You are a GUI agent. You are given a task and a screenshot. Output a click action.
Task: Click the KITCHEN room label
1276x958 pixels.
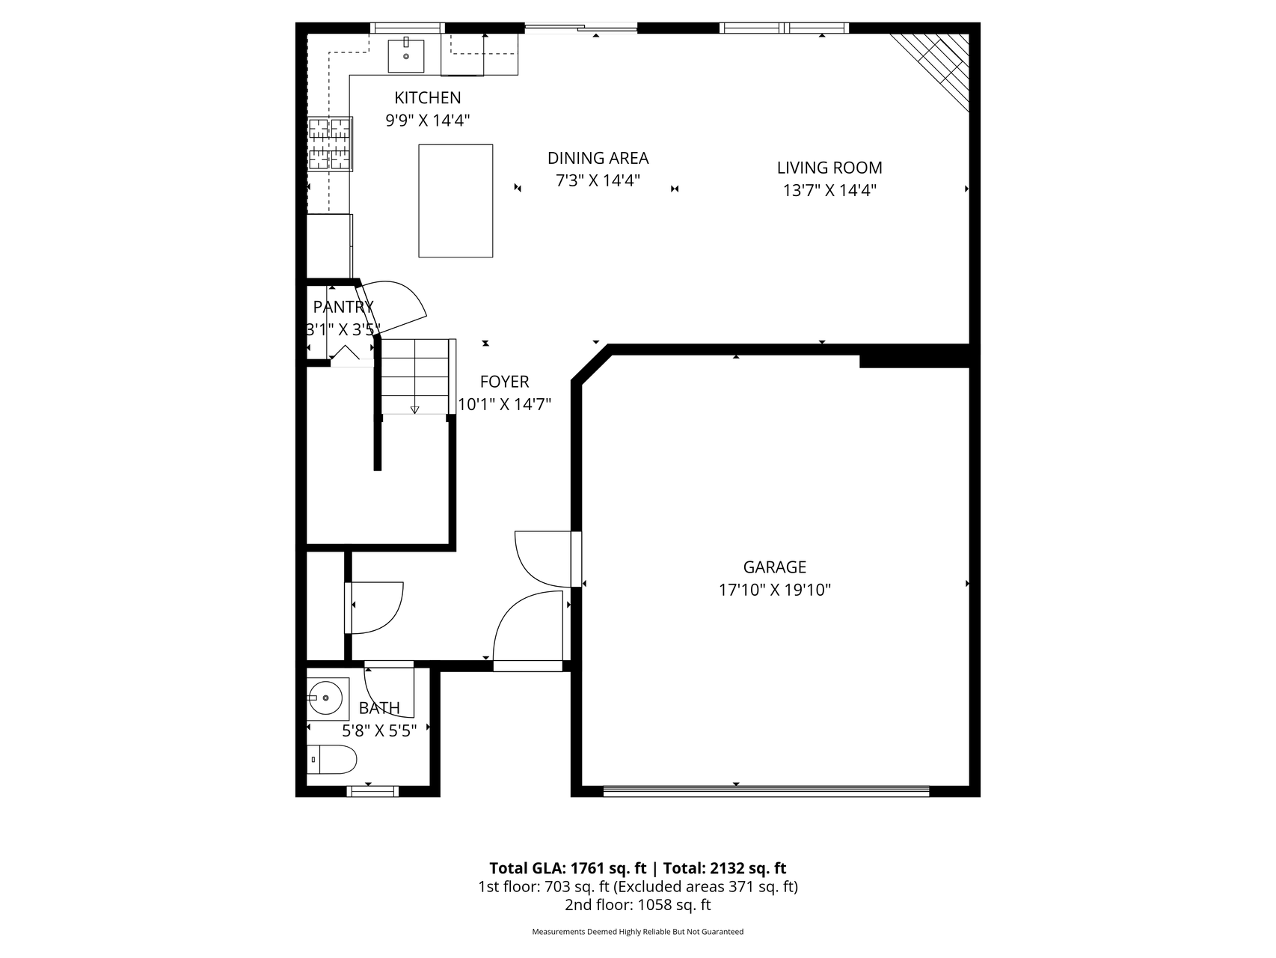pyautogui.click(x=427, y=98)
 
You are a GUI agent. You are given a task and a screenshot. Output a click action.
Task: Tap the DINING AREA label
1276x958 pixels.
pyautogui.click(x=598, y=159)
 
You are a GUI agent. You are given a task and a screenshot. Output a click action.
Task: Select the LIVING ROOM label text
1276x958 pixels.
pyautogui.click(x=829, y=168)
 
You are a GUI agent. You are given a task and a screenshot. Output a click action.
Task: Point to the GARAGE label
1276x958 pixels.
pyautogui.click(x=774, y=567)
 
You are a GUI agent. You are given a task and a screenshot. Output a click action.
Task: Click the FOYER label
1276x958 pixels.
pyautogui.click(x=504, y=382)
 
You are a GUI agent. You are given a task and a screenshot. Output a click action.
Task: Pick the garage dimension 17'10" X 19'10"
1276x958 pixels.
pyautogui.click(x=775, y=591)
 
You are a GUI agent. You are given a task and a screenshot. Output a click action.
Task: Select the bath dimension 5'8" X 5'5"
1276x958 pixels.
pyautogui.click(x=379, y=730)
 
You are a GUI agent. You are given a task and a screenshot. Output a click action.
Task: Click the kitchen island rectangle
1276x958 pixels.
pyautogui.click(x=456, y=201)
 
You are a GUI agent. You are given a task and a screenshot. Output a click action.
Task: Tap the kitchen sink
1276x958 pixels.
pyautogui.click(x=406, y=56)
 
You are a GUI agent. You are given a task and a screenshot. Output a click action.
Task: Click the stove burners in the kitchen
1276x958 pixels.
pyautogui.click(x=330, y=144)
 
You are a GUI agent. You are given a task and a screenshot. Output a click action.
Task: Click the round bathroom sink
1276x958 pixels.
pyautogui.click(x=325, y=698)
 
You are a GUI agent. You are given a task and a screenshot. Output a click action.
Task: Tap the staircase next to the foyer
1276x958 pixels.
pyautogui.click(x=415, y=376)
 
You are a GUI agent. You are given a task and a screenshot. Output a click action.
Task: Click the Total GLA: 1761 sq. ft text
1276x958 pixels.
pyautogui.click(x=568, y=868)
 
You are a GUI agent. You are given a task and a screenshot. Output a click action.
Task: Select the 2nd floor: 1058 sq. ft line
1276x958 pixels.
pyautogui.click(x=638, y=905)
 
